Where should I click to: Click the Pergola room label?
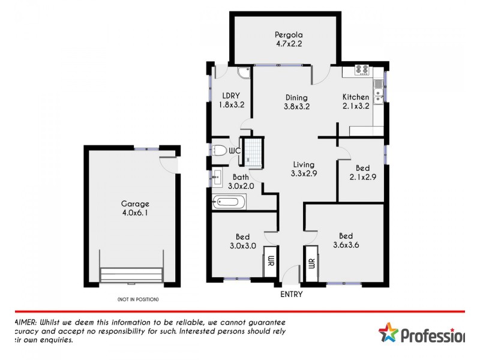(x=284, y=38)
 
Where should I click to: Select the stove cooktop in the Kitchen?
(x=362, y=70)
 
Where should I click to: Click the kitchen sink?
(x=379, y=93)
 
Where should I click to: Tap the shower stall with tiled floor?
(x=254, y=152)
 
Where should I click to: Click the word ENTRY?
(x=292, y=294)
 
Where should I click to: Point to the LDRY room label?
(x=231, y=100)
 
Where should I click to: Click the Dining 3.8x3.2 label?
(x=296, y=103)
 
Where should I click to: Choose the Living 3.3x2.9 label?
(x=304, y=169)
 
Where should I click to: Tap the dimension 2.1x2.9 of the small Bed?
(x=362, y=177)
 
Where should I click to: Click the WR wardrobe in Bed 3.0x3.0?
(x=270, y=262)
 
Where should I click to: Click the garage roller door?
(x=132, y=275)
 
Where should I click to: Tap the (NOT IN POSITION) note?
(x=138, y=299)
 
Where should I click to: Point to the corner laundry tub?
(x=244, y=73)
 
